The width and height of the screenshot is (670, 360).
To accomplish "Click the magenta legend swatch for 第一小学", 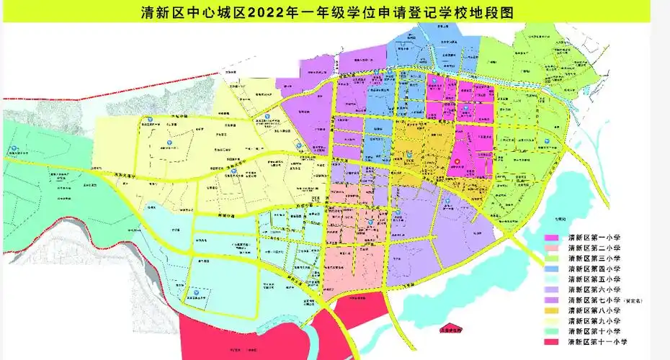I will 554,237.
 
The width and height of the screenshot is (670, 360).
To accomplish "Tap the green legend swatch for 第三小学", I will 554,258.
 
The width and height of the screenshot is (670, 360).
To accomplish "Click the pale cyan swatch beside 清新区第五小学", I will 554,279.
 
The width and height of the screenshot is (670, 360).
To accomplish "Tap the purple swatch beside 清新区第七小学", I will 554,300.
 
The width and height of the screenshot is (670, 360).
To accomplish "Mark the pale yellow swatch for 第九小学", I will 554,320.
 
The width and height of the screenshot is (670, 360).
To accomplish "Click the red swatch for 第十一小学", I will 554,341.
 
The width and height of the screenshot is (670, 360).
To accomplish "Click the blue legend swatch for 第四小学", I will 554,268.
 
